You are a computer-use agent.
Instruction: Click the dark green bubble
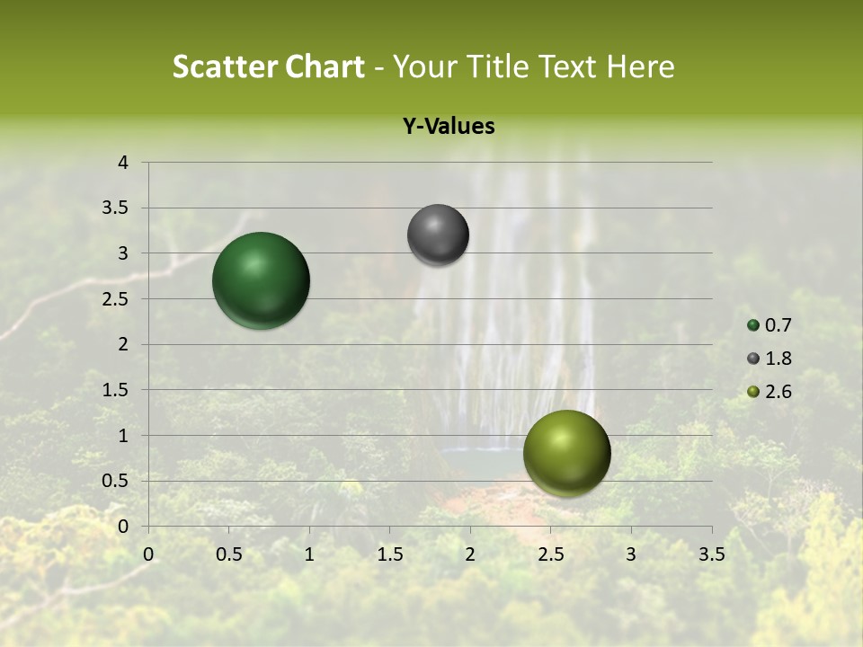pos(261,280)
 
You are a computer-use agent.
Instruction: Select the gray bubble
pos(438,235)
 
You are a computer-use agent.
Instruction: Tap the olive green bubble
pos(566,453)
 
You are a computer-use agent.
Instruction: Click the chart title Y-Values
pos(448,127)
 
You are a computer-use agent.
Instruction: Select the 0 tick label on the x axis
pos(148,554)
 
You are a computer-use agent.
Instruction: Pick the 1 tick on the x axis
pos(309,554)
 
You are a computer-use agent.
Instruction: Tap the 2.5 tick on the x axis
pos(550,554)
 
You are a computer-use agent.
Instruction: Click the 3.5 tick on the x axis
pos(711,554)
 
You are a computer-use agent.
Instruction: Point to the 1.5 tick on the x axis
pos(389,554)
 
